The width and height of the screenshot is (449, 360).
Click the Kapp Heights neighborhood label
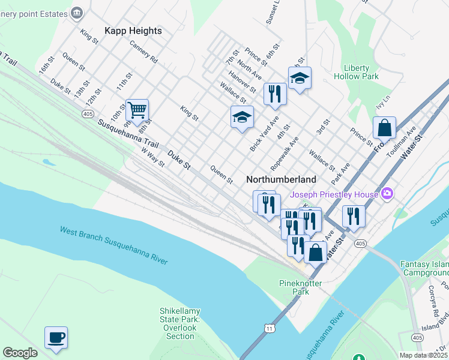[133, 31]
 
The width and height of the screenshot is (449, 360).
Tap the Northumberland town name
[281, 179]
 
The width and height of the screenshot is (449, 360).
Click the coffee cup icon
[56, 337]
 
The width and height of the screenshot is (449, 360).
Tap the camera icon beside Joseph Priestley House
[387, 193]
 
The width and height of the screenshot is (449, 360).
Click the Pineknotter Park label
[301, 287]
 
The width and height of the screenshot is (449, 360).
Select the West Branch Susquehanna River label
[113, 245]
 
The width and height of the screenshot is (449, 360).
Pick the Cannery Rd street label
[143, 52]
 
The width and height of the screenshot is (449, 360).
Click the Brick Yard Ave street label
[265, 134]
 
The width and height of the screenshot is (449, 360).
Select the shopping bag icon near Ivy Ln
[384, 128]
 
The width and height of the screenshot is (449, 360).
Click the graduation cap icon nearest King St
[242, 116]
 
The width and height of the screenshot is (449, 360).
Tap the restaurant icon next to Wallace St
[275, 94]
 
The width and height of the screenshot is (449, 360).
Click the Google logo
[20, 353]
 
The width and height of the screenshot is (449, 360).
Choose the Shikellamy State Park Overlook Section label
[180, 323]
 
